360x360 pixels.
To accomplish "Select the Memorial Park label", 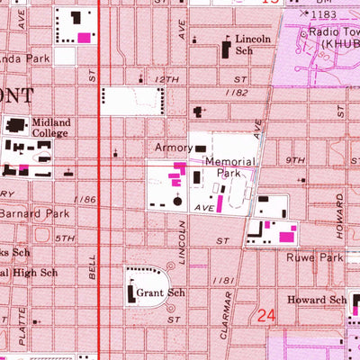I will [230, 167].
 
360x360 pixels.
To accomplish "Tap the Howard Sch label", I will [317, 301].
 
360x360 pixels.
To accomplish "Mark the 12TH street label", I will [166, 80].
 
